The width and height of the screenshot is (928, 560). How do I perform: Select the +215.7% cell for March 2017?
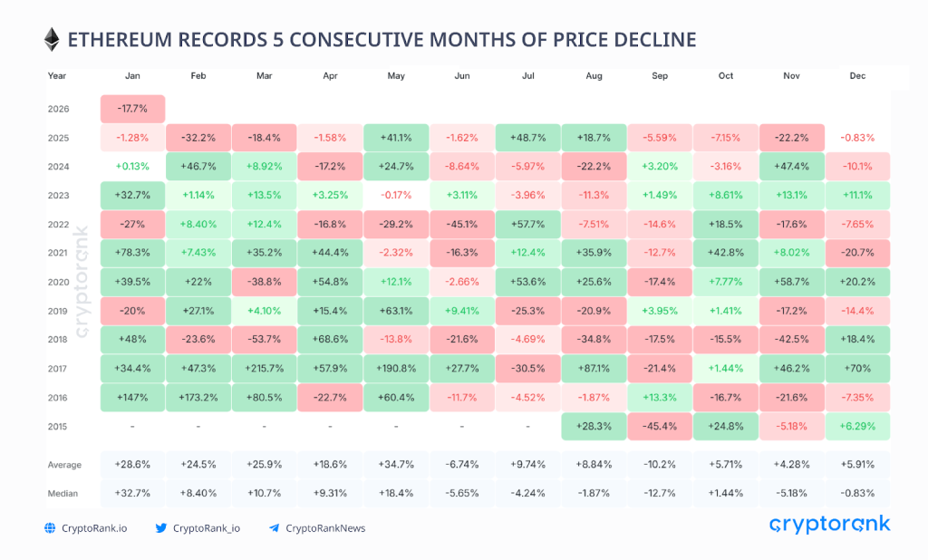pyautogui.click(x=264, y=369)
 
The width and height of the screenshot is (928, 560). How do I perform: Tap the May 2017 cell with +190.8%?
pyautogui.click(x=395, y=369)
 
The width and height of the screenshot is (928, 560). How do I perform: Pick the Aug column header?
pyautogui.click(x=594, y=76)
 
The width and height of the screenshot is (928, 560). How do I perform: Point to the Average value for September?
pyautogui.click(x=660, y=465)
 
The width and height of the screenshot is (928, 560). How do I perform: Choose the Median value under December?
pyautogui.click(x=857, y=494)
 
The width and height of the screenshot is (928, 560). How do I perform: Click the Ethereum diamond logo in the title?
pyautogui.click(x=52, y=39)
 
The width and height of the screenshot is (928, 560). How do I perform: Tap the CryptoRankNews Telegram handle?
pyautogui.click(x=325, y=528)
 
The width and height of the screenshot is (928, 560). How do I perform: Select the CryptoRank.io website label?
pyautogui.click(x=94, y=528)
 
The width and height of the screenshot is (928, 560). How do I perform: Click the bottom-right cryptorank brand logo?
pyautogui.click(x=829, y=525)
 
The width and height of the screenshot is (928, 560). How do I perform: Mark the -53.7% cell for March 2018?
pyautogui.click(x=264, y=340)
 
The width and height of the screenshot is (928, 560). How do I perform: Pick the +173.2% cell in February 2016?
pyautogui.click(x=198, y=398)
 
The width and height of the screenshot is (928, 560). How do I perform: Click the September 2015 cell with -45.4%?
pyautogui.click(x=660, y=427)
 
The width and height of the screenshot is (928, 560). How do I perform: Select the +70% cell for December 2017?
pyautogui.click(x=857, y=369)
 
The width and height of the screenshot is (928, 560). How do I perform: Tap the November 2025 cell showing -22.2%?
pyautogui.click(x=791, y=139)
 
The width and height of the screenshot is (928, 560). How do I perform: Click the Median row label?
pyautogui.click(x=63, y=494)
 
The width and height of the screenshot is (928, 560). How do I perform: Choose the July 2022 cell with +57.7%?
pyautogui.click(x=527, y=225)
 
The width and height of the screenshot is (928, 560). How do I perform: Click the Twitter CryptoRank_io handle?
pyautogui.click(x=207, y=528)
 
